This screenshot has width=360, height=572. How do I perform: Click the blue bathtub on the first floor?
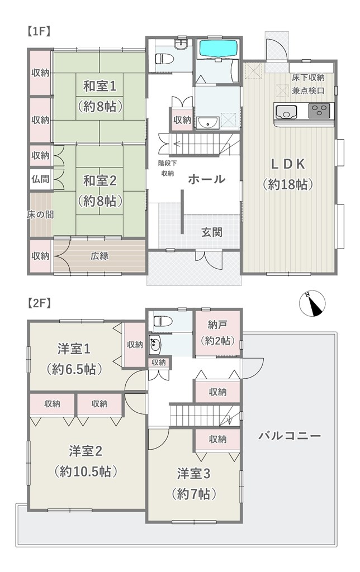pos(218,49)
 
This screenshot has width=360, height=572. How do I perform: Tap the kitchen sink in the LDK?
pos(286,111)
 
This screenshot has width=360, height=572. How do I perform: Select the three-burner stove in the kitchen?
pos(319,111)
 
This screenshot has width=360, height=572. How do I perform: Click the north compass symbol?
pos(312,303)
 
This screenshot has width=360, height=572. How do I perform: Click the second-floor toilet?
pos(160,321)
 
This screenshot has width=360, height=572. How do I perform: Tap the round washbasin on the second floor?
pos(154,344)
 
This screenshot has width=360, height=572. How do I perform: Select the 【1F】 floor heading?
pos(39,31)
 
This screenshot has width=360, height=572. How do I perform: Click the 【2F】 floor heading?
pos(39,303)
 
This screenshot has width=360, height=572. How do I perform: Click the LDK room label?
pos(288,164)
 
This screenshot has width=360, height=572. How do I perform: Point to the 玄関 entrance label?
pos(212,232)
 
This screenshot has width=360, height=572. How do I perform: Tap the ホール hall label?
pos(207,179)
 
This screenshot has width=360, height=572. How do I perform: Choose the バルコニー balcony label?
pos(290,436)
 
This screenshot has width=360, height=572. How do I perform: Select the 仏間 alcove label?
pos(40,179)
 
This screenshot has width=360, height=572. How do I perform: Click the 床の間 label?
pos(40,214)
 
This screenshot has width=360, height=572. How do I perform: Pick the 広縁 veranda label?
pos(100,256)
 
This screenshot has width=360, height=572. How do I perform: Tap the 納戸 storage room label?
pos(218,324)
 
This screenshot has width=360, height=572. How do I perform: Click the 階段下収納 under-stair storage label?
pos(168,168)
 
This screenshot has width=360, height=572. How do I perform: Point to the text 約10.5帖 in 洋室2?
pos(86,471)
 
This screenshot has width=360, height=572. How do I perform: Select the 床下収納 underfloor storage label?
pos(308,77)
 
